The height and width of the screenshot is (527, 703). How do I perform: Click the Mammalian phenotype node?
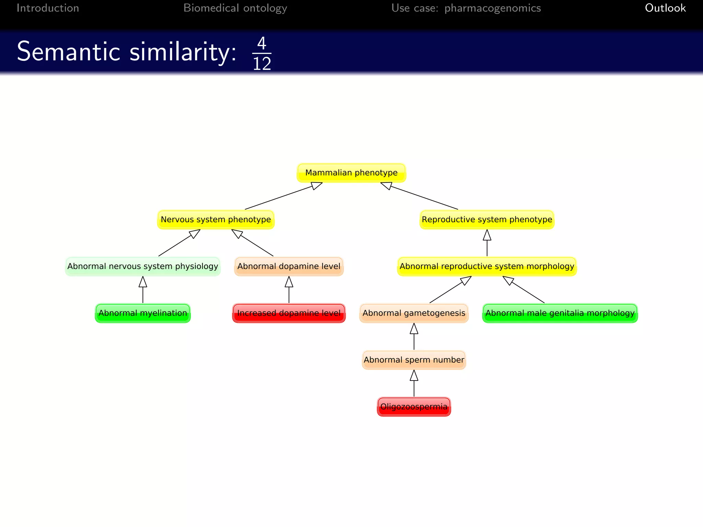click(351, 173)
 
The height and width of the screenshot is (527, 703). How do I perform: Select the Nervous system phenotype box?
click(216, 220)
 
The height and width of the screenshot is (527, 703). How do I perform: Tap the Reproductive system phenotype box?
click(487, 220)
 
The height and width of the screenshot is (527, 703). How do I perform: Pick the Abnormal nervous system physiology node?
click(142, 266)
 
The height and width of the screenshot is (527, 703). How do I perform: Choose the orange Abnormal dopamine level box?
click(289, 266)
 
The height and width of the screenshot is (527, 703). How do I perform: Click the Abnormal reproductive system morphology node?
click(487, 266)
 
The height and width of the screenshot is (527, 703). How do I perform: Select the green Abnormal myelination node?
click(142, 313)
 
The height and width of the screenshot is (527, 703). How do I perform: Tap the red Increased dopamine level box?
click(289, 313)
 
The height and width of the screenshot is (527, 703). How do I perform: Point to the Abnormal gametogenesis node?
click(414, 313)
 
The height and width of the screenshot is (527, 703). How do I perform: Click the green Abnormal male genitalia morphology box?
click(560, 313)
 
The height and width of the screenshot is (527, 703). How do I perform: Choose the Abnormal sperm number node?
click(414, 360)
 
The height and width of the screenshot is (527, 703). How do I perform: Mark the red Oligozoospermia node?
click(414, 407)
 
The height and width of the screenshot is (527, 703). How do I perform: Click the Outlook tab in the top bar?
click(665, 8)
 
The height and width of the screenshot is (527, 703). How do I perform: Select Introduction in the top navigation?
click(48, 8)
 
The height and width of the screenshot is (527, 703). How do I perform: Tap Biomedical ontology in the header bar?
click(235, 8)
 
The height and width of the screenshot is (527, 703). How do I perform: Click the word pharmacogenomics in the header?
click(492, 8)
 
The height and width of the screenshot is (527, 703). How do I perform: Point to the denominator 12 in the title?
click(262, 64)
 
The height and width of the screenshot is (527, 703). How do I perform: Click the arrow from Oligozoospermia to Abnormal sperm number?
click(414, 384)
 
